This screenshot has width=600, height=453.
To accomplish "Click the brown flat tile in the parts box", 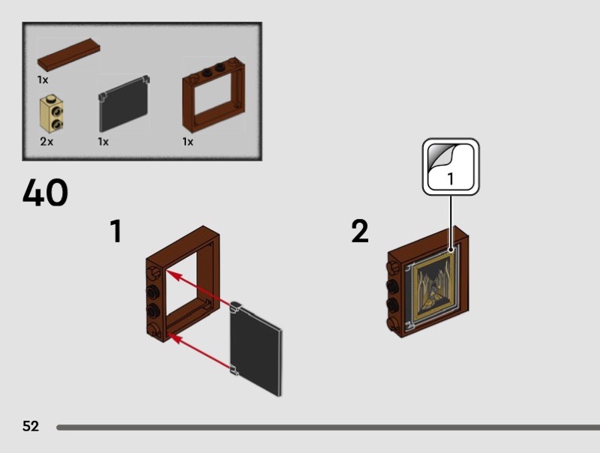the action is [68, 54].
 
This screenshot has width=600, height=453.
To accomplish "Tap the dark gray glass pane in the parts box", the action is [124, 104].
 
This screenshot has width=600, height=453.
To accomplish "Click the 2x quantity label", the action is [46, 142].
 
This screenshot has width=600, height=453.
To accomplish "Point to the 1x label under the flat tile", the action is [43, 79].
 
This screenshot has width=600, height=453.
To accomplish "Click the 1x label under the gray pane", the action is [103, 142].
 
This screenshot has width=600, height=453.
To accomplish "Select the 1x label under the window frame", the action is [188, 142].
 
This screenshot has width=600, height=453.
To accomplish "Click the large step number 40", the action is [45, 192].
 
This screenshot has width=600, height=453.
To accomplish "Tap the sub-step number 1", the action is [116, 231].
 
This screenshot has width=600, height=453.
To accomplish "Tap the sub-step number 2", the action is [360, 231].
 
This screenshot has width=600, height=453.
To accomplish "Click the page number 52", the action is [31, 426].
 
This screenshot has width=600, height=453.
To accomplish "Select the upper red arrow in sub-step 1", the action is [197, 288].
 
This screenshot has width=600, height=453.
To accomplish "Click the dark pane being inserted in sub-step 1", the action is [256, 349].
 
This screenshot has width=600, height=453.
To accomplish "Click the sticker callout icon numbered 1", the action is [451, 166].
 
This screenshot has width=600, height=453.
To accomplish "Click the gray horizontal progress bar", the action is [328, 427].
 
